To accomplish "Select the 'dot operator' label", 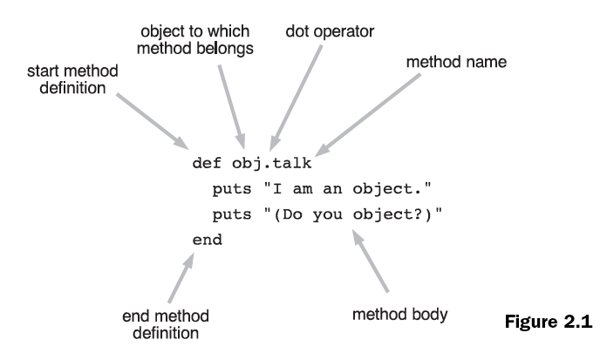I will tap(330, 31).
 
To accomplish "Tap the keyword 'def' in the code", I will tap(203, 164).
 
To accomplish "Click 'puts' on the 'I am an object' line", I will tap(229, 189).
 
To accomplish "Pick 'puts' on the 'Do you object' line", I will tap(229, 214).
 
